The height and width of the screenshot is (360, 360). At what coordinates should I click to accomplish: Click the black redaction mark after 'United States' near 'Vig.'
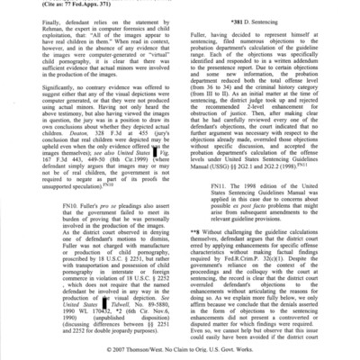(x=151, y=181)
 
